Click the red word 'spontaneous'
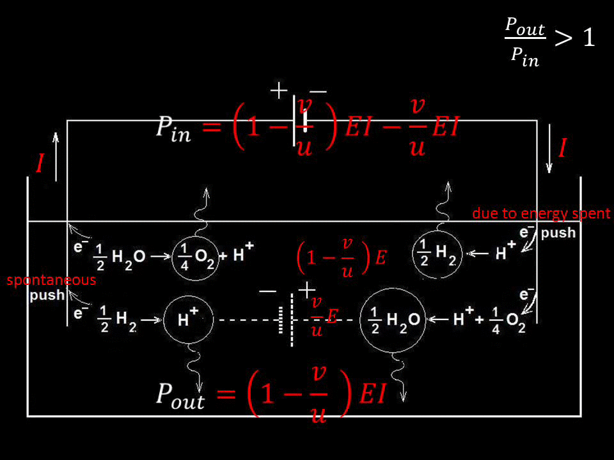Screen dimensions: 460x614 51,280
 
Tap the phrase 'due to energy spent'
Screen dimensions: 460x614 541,213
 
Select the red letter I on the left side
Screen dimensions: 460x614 40,164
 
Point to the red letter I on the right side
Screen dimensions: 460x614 562,149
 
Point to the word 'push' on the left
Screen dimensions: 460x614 47,296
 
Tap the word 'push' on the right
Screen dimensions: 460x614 558,233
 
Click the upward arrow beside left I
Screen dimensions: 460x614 56,157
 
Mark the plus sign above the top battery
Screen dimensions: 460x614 279,91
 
